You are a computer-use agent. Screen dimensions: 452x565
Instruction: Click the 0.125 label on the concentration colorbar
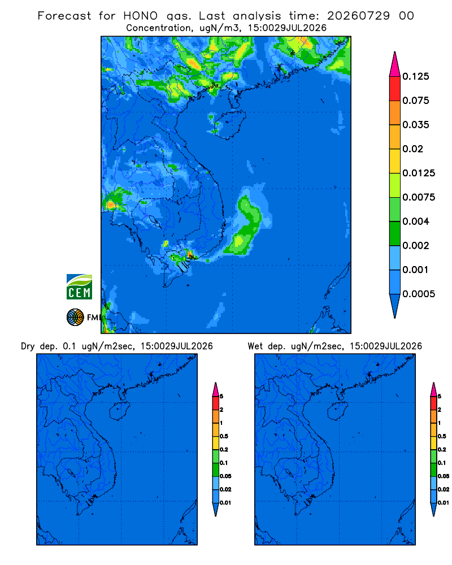coord(416,76)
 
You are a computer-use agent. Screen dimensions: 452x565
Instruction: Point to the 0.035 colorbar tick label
coord(416,125)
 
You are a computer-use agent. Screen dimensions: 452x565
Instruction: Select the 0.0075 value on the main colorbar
coord(419,197)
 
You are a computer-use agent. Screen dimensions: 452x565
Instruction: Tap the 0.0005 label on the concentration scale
coord(419,294)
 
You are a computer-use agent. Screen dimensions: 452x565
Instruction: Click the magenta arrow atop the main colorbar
coord(395,65)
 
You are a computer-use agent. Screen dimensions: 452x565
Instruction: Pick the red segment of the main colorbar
coord(395,89)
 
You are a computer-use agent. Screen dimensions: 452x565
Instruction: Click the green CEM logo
coord(79,286)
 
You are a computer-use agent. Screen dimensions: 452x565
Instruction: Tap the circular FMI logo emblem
coord(75,317)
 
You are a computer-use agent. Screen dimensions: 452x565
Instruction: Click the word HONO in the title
coord(141,16)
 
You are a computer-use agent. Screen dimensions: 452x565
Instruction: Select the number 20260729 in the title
coord(358,16)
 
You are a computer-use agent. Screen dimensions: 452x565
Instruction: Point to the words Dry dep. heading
coord(39,346)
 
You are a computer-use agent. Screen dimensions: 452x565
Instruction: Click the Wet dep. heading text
coord(266,346)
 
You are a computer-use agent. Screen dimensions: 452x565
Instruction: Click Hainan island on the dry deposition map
coord(120,411)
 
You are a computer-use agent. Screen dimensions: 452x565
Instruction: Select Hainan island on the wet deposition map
coord(338,411)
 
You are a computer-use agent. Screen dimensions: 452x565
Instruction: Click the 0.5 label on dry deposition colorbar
coord(224,436)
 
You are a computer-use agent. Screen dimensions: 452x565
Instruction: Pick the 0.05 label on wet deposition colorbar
coord(444,476)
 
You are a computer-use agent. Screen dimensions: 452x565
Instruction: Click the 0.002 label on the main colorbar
coord(416,245)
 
